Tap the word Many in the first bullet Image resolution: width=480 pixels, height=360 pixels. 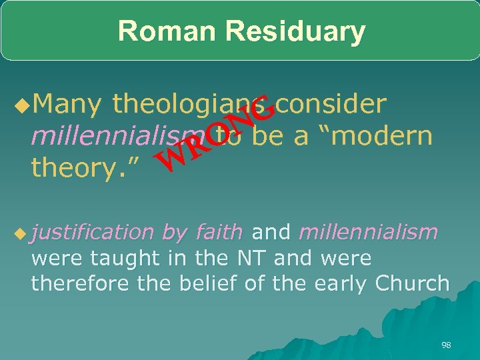[x=67, y=104]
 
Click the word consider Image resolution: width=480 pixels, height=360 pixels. [x=331, y=104]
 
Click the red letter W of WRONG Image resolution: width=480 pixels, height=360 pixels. [x=167, y=157]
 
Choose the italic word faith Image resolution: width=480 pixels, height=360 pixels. [x=219, y=232]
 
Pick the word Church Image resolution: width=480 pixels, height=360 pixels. [x=413, y=283]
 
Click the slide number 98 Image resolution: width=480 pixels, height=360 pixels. [x=446, y=345]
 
